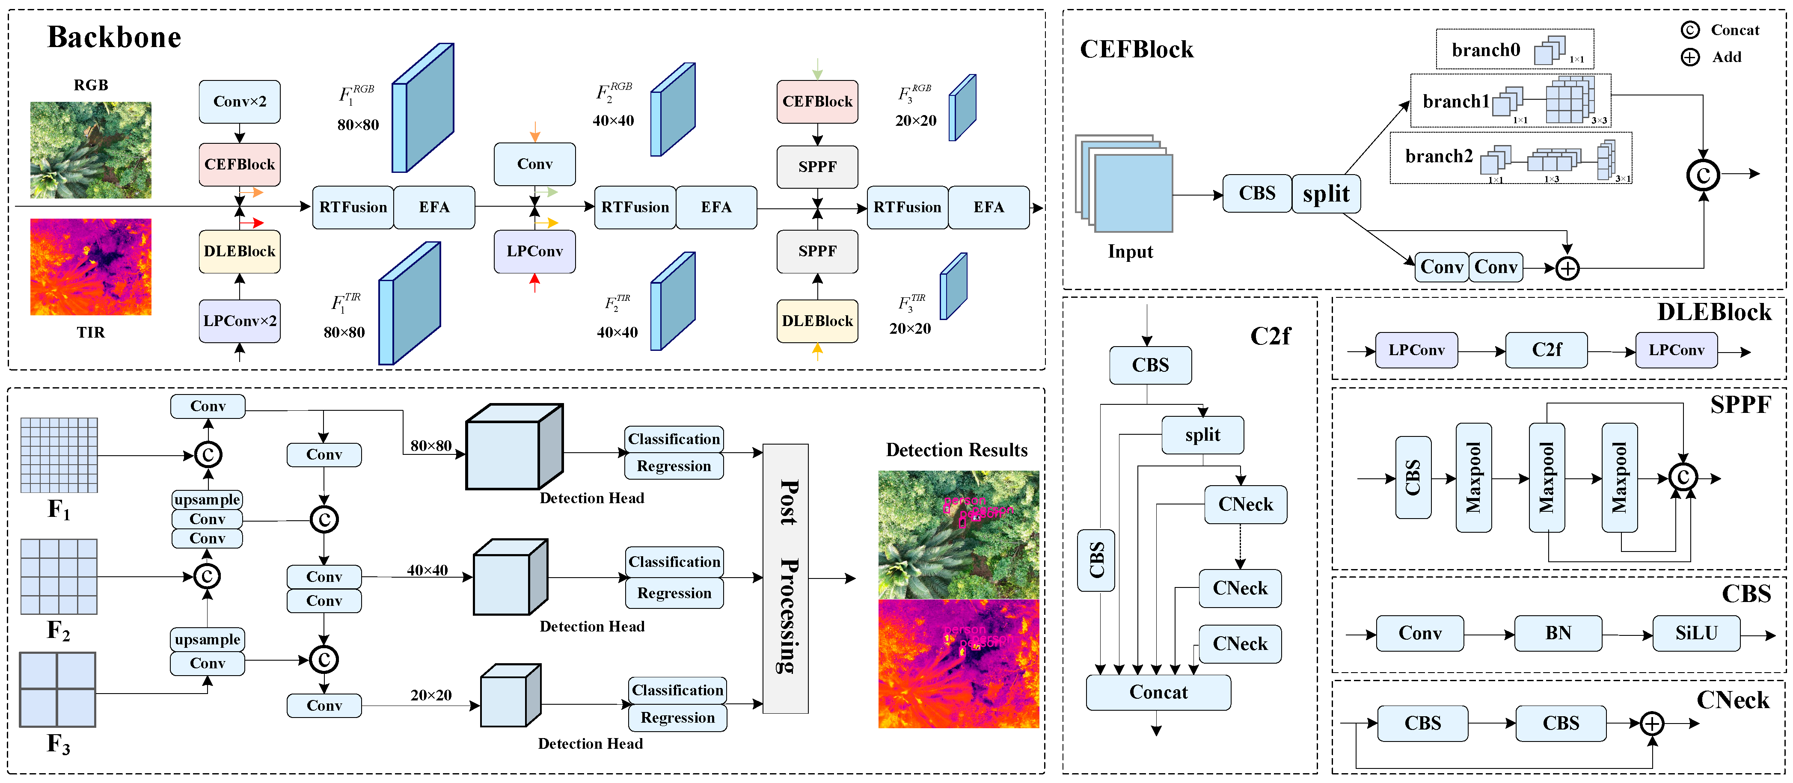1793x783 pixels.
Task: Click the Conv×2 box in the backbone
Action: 240,101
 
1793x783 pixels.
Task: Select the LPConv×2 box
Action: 240,321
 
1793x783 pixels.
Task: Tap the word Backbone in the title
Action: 114,37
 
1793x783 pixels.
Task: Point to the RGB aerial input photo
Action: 90,150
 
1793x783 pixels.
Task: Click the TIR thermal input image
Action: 90,267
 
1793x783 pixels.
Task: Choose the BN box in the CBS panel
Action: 1558,633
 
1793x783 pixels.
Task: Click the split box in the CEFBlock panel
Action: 1326,193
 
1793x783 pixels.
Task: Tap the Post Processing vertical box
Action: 786,578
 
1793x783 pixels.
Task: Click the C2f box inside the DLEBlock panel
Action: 1546,350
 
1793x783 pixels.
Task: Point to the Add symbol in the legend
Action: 1690,57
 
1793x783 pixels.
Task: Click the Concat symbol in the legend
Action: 1690,30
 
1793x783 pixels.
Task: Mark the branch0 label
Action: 1485,50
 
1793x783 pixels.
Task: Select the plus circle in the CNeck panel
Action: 1652,724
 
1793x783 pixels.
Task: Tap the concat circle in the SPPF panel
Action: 1683,478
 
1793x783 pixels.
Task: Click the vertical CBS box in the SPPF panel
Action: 1413,478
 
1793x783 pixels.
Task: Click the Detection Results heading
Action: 956,450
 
